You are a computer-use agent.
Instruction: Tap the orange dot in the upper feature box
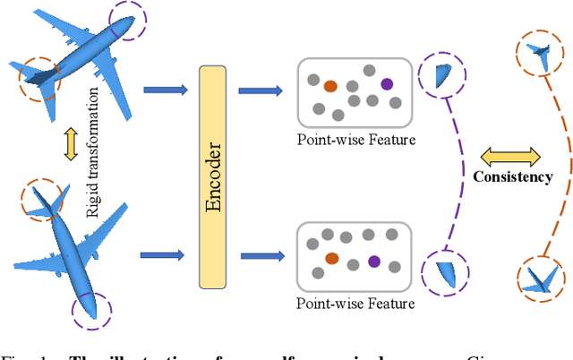coord(330,87)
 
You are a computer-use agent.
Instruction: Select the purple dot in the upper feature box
coord(387,84)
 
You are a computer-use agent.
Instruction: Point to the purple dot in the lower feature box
coord(374,261)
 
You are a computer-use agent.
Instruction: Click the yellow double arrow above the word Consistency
coord(513,156)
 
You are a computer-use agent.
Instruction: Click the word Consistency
coord(513,177)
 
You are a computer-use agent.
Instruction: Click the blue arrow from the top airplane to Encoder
coord(166,88)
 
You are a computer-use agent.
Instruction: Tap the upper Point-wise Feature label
coord(355,139)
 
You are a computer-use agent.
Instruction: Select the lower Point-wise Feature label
coord(355,304)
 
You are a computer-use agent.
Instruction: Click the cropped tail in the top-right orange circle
coord(539,55)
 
